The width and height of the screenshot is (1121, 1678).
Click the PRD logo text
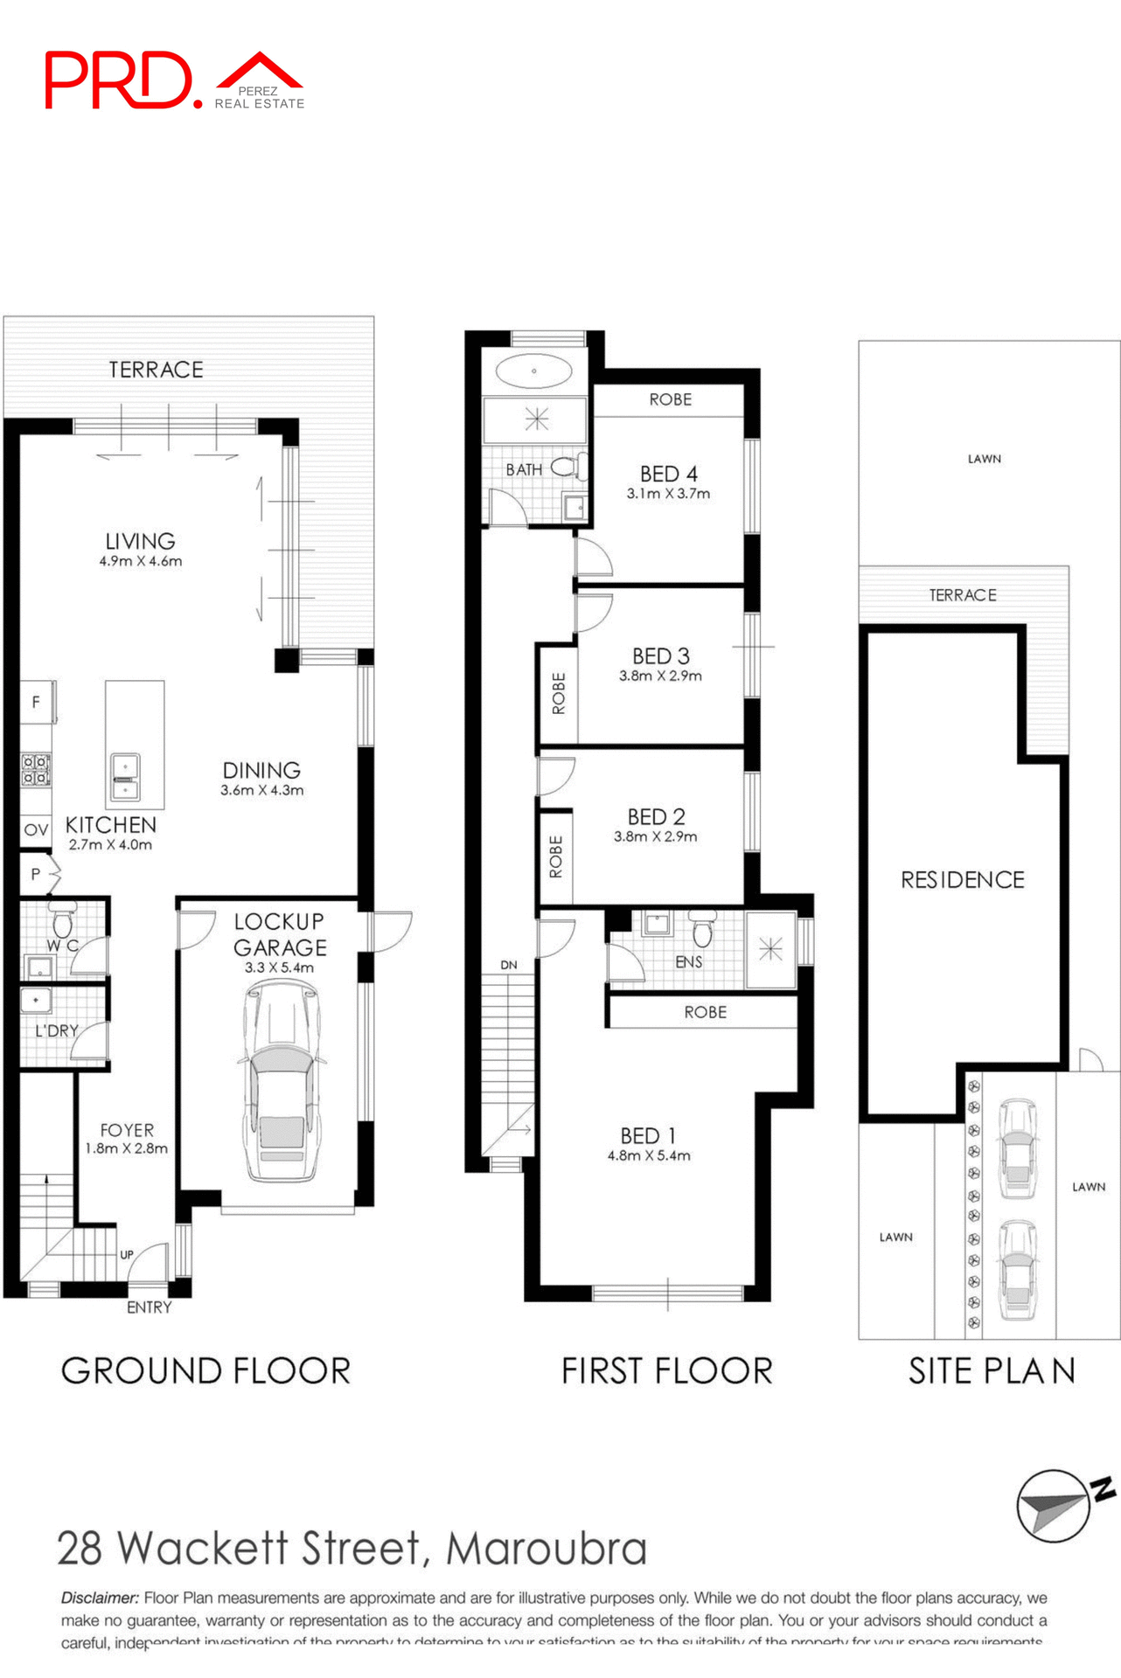[118, 80]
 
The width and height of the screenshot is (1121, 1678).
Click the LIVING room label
[140, 541]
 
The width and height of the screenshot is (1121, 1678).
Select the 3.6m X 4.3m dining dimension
[261, 790]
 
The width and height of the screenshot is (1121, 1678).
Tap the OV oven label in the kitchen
[36, 829]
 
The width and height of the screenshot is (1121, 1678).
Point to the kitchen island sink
[125, 776]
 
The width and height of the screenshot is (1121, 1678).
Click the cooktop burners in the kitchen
[36, 770]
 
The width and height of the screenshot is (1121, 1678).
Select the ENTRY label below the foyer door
[149, 1307]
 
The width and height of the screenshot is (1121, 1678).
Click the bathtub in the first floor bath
[533, 371]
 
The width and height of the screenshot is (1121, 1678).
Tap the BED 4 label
[668, 474]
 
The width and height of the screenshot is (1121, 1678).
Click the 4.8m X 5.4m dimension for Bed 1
[649, 1155]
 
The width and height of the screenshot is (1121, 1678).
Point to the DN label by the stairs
[509, 965]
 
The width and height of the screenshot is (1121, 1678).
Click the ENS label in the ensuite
[688, 961]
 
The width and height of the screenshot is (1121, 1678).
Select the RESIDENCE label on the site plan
[962, 879]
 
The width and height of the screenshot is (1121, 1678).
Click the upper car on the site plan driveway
[1018, 1147]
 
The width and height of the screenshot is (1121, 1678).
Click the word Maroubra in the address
[547, 1549]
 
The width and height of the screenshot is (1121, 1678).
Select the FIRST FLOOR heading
[666, 1370]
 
